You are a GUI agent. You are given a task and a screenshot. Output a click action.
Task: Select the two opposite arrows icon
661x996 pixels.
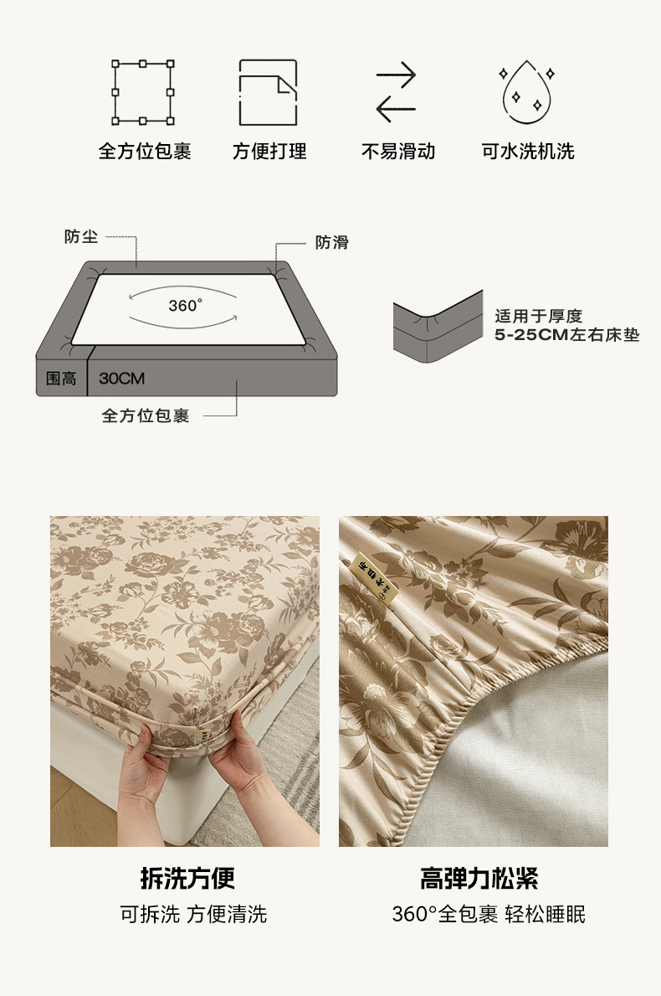[x=396, y=92]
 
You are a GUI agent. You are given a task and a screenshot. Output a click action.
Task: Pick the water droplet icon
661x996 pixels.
[x=527, y=93]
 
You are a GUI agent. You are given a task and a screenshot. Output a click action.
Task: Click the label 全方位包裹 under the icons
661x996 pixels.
[x=145, y=151]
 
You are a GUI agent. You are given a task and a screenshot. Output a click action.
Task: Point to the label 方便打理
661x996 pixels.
[x=269, y=151]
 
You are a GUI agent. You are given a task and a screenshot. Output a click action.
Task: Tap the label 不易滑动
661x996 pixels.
[x=397, y=151]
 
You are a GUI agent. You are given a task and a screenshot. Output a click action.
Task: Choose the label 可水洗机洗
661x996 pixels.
[x=528, y=151]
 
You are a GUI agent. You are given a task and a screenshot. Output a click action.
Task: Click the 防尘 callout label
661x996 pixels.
[x=81, y=237]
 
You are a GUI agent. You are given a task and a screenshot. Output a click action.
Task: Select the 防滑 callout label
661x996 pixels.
[x=332, y=242]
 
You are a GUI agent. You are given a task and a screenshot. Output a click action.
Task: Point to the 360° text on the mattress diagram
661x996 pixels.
[x=185, y=306]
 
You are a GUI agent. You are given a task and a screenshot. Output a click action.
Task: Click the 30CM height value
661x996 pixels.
[x=122, y=379]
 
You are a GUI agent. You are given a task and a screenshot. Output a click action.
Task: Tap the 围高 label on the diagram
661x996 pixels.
[x=61, y=379]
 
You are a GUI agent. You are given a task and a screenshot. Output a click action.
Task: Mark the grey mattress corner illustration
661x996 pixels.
[x=438, y=328]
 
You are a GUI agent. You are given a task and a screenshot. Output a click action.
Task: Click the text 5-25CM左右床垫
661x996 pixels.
[x=567, y=335]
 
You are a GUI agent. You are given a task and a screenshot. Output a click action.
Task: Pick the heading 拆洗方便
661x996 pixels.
[x=187, y=879]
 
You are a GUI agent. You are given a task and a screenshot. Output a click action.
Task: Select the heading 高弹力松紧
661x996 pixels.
[x=479, y=879]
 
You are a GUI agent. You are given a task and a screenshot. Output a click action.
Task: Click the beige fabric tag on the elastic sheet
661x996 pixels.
[x=374, y=580]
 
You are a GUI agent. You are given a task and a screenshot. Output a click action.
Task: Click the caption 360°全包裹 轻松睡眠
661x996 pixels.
[x=489, y=915]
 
